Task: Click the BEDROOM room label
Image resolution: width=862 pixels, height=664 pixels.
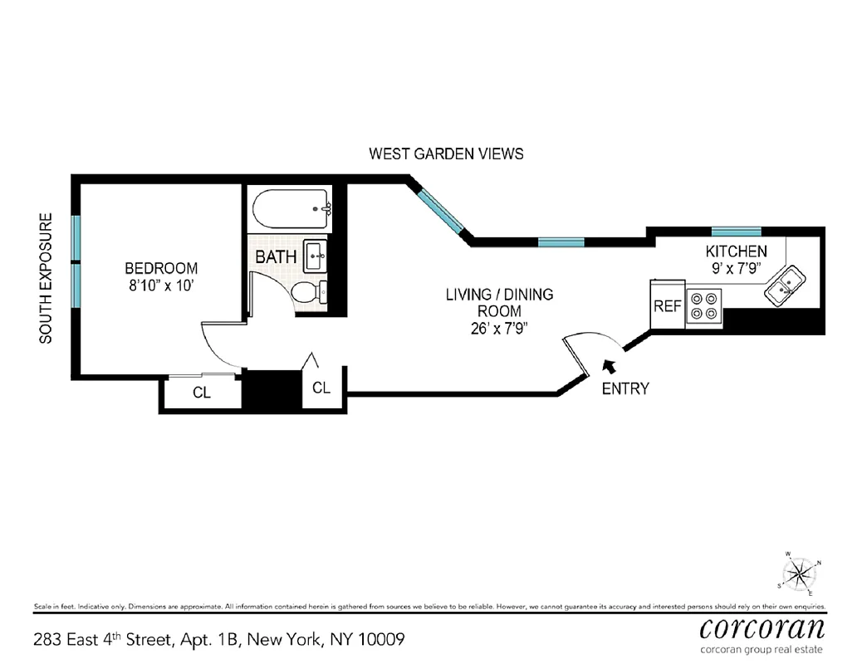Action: pyautogui.click(x=161, y=268)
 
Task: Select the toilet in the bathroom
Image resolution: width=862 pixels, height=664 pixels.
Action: pyautogui.click(x=309, y=291)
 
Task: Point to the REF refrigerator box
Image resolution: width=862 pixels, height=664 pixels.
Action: pyautogui.click(x=667, y=305)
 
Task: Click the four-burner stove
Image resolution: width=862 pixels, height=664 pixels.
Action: pyautogui.click(x=704, y=305)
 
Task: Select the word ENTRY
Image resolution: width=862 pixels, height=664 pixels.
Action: pyautogui.click(x=625, y=388)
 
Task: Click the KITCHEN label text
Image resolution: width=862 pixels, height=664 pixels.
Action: pyautogui.click(x=736, y=251)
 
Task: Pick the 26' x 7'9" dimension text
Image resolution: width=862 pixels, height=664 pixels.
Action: pyautogui.click(x=499, y=328)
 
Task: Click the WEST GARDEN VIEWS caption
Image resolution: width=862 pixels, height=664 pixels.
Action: pyautogui.click(x=446, y=154)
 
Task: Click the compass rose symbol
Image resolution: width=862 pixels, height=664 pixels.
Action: pyautogui.click(x=799, y=572)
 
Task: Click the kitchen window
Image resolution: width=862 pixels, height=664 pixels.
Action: pyautogui.click(x=736, y=232)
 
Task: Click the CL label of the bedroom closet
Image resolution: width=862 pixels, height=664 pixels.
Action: pyautogui.click(x=202, y=393)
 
